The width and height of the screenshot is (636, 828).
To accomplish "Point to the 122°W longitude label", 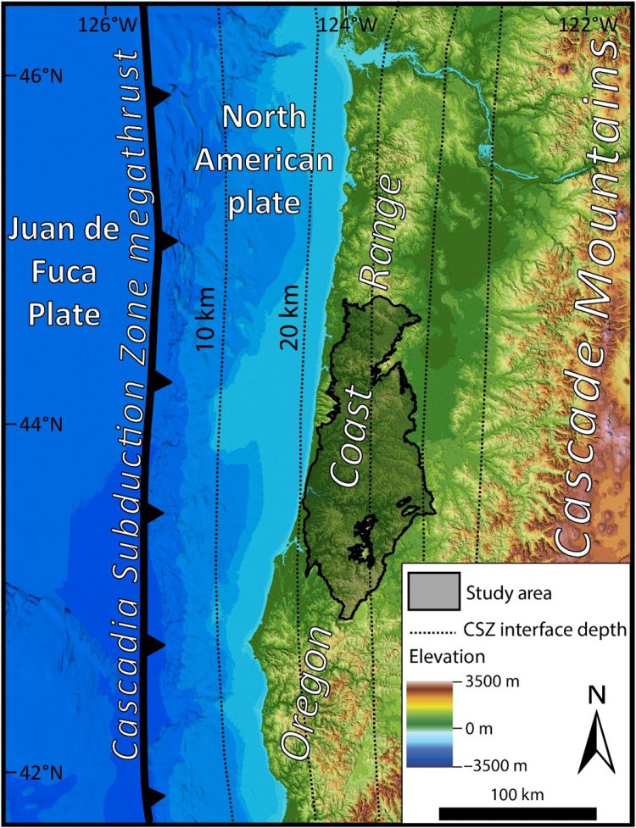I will coord(586,25).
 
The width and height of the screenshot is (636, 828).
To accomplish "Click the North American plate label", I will coord(265,161).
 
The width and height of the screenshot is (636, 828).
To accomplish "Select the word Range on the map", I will coord(378,232).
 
